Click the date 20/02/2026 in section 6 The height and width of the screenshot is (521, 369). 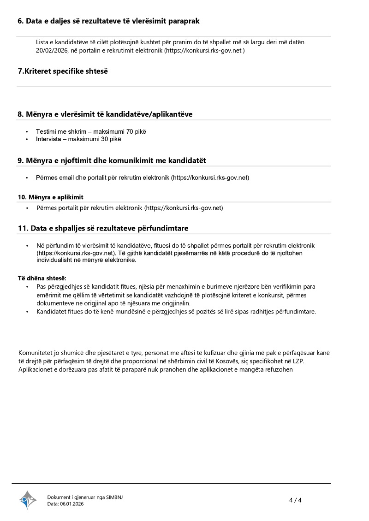pyautogui.click(x=52, y=51)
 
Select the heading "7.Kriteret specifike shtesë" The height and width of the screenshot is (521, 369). pyautogui.click(x=63, y=71)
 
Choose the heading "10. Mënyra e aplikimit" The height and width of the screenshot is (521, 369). pyautogui.click(x=51, y=197)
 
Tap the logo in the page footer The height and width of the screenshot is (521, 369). pyautogui.click(x=28, y=500)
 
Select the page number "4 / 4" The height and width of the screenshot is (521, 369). pyautogui.click(x=295, y=500)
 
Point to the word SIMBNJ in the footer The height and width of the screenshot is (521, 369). pyautogui.click(x=114, y=497)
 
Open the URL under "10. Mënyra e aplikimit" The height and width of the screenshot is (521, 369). pyautogui.click(x=184, y=208)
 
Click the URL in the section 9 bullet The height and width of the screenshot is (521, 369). pyautogui.click(x=210, y=178)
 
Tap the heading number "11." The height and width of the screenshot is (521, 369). pyautogui.click(x=23, y=228)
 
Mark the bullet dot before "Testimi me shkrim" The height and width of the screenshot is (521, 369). pyautogui.click(x=27, y=132)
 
